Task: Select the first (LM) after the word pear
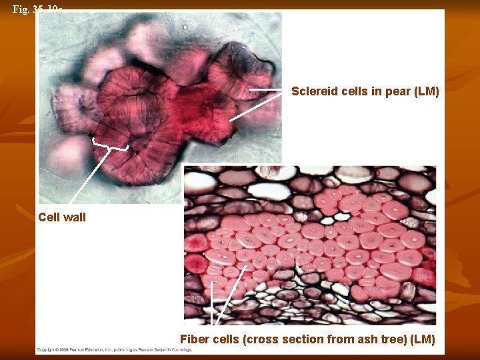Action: pos(426,91)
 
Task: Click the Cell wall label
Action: pos(62,217)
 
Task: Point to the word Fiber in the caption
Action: pos(195,339)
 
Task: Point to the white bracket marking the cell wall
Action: pos(110,145)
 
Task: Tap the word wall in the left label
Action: pos(74,217)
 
